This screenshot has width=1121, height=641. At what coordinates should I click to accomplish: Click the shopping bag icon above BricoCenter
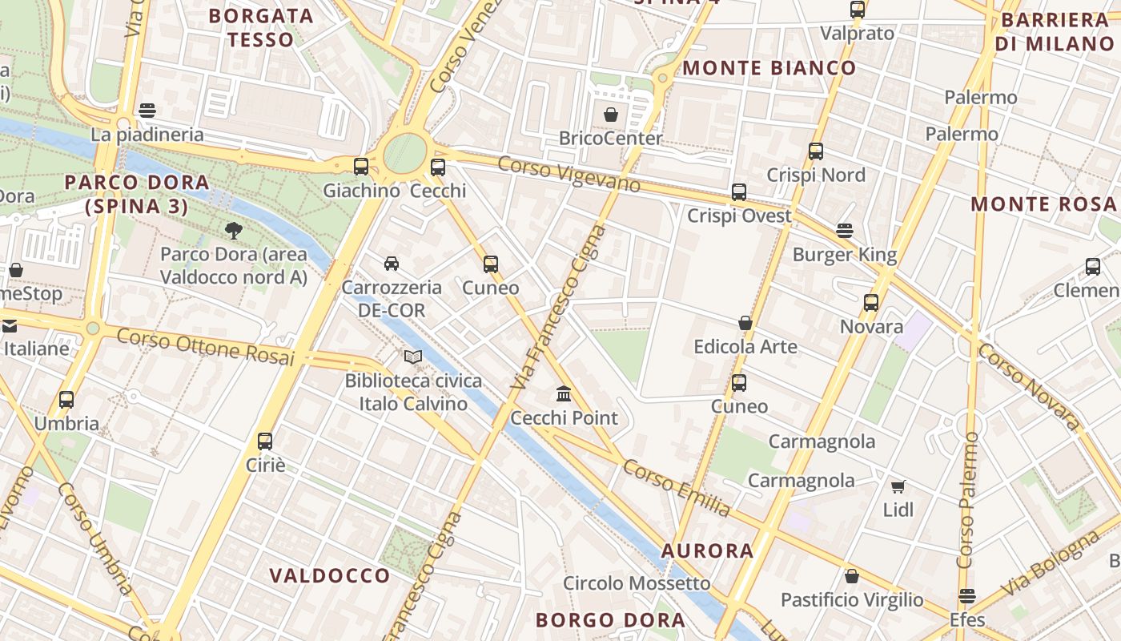611,115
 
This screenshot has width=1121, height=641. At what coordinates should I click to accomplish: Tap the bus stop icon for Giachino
361,167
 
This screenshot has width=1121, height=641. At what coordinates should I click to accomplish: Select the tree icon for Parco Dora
234,231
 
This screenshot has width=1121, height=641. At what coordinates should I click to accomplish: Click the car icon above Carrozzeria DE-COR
392,263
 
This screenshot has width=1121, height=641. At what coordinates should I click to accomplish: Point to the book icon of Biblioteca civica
413,357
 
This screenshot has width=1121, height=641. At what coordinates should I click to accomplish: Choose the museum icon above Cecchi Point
564,393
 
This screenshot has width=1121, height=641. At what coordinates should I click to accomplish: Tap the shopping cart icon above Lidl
898,486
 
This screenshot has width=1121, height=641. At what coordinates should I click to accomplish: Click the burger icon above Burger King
845,231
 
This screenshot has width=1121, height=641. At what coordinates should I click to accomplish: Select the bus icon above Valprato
858,10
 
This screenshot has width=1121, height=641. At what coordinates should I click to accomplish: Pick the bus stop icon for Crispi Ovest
739,192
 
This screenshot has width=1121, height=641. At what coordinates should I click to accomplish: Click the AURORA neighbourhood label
708,550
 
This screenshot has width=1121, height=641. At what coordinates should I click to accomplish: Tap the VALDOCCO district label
330,575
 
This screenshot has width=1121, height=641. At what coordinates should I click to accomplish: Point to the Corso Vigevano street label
569,175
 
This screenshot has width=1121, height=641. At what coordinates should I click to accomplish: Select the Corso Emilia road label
677,488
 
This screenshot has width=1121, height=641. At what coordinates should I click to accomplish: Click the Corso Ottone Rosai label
206,347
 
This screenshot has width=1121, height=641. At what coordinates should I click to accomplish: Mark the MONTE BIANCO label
769,68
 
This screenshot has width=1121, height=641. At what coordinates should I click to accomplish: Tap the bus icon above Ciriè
265,441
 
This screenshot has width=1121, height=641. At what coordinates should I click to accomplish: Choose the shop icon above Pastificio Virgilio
852,576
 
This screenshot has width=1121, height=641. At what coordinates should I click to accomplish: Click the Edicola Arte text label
745,347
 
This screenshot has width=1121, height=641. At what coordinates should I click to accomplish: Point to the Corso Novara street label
1029,387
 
